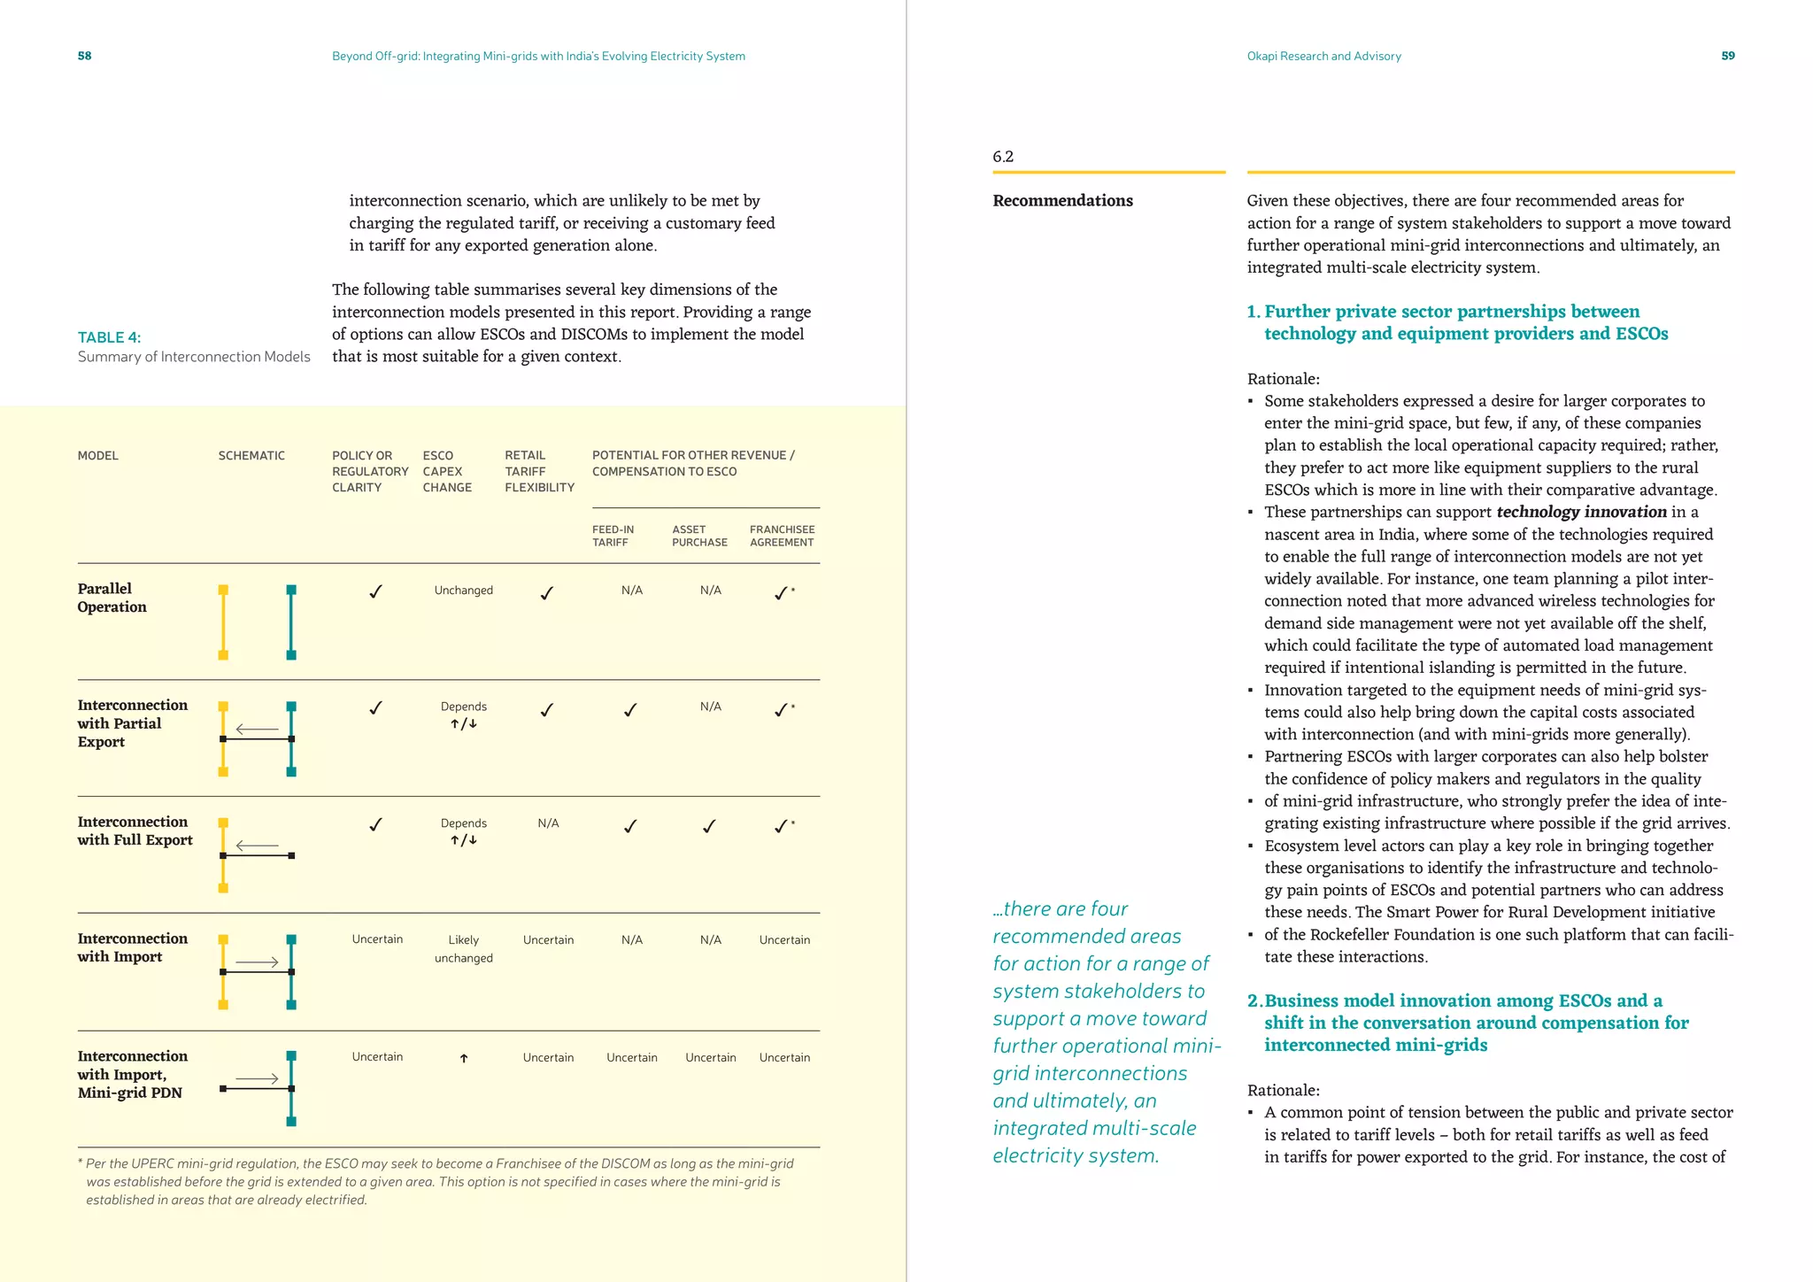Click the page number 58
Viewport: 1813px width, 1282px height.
coord(84,56)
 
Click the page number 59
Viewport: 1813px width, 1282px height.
coord(1727,56)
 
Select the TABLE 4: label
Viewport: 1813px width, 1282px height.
coord(109,337)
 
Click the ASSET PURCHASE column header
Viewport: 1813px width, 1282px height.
coord(699,536)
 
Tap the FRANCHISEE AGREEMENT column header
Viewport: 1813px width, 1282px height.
coord(782,536)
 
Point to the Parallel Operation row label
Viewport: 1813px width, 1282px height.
coord(112,598)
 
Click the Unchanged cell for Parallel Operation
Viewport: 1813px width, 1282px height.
coord(463,591)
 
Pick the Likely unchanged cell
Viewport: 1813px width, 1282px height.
coord(463,948)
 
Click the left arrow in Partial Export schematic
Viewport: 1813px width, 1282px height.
coord(257,730)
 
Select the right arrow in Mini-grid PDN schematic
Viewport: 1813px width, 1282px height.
coord(257,1078)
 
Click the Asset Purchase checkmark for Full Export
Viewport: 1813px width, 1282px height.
coord(709,826)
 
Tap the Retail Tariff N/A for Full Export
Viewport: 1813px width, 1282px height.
coord(548,823)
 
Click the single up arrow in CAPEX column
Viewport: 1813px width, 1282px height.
coord(463,1058)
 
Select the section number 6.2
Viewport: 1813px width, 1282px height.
coord(1002,157)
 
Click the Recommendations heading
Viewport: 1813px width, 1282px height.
coord(1062,201)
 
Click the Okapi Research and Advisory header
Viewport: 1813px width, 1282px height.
coord(1323,56)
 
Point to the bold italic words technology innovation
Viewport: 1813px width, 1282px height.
coord(1581,512)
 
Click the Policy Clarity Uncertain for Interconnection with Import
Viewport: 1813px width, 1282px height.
coord(377,939)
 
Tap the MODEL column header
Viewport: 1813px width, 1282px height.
coord(97,456)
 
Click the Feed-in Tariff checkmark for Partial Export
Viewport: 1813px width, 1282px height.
coord(630,709)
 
